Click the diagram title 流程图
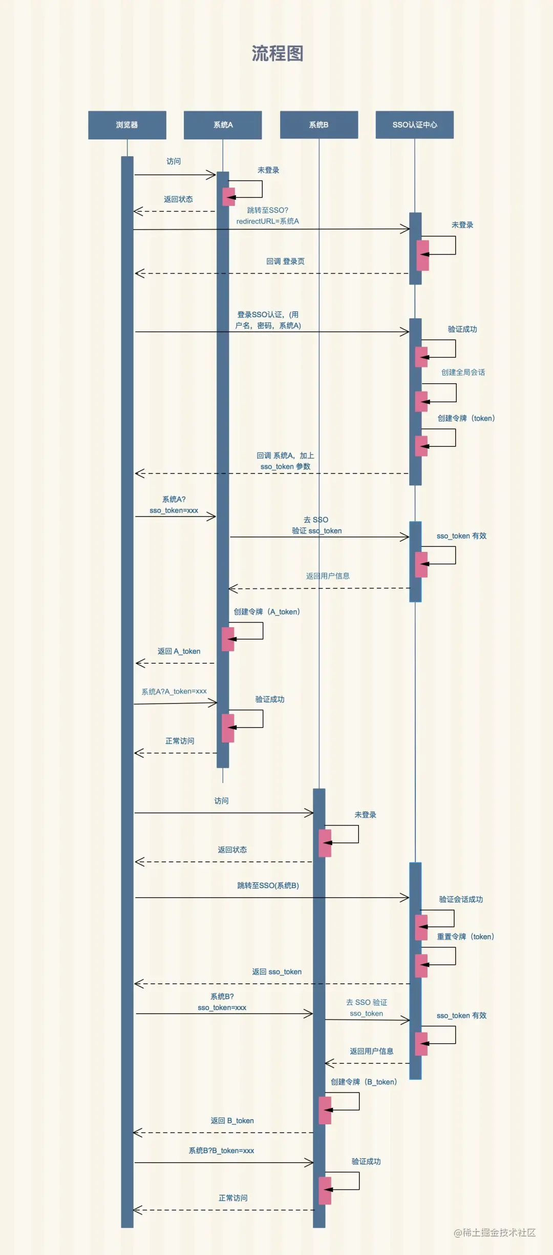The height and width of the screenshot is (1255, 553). click(278, 53)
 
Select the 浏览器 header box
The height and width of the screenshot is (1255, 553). click(127, 125)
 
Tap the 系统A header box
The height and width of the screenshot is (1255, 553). click(223, 125)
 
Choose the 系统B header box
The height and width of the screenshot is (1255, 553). click(319, 125)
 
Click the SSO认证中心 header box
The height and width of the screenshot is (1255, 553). click(415, 125)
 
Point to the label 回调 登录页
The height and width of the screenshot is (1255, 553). click(285, 261)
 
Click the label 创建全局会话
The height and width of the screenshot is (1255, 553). click(463, 373)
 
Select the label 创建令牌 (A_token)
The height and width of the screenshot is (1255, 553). click(267, 612)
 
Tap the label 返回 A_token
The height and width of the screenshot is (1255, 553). click(179, 651)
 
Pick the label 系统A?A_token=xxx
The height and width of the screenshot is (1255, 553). click(174, 691)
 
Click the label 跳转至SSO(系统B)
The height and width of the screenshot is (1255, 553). click(268, 886)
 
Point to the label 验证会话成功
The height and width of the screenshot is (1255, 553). click(461, 899)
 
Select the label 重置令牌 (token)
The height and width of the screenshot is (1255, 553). click(465, 937)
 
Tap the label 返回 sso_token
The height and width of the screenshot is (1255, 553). click(276, 972)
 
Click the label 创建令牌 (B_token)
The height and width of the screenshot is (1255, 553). click(364, 1082)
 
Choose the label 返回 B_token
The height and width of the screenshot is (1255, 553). click(232, 1121)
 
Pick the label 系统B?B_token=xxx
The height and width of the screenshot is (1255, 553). click(221, 1150)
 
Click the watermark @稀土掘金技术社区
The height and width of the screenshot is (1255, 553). click(495, 1232)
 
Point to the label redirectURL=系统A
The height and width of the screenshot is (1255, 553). click(267, 221)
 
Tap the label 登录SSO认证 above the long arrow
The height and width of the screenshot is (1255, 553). click(260, 315)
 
